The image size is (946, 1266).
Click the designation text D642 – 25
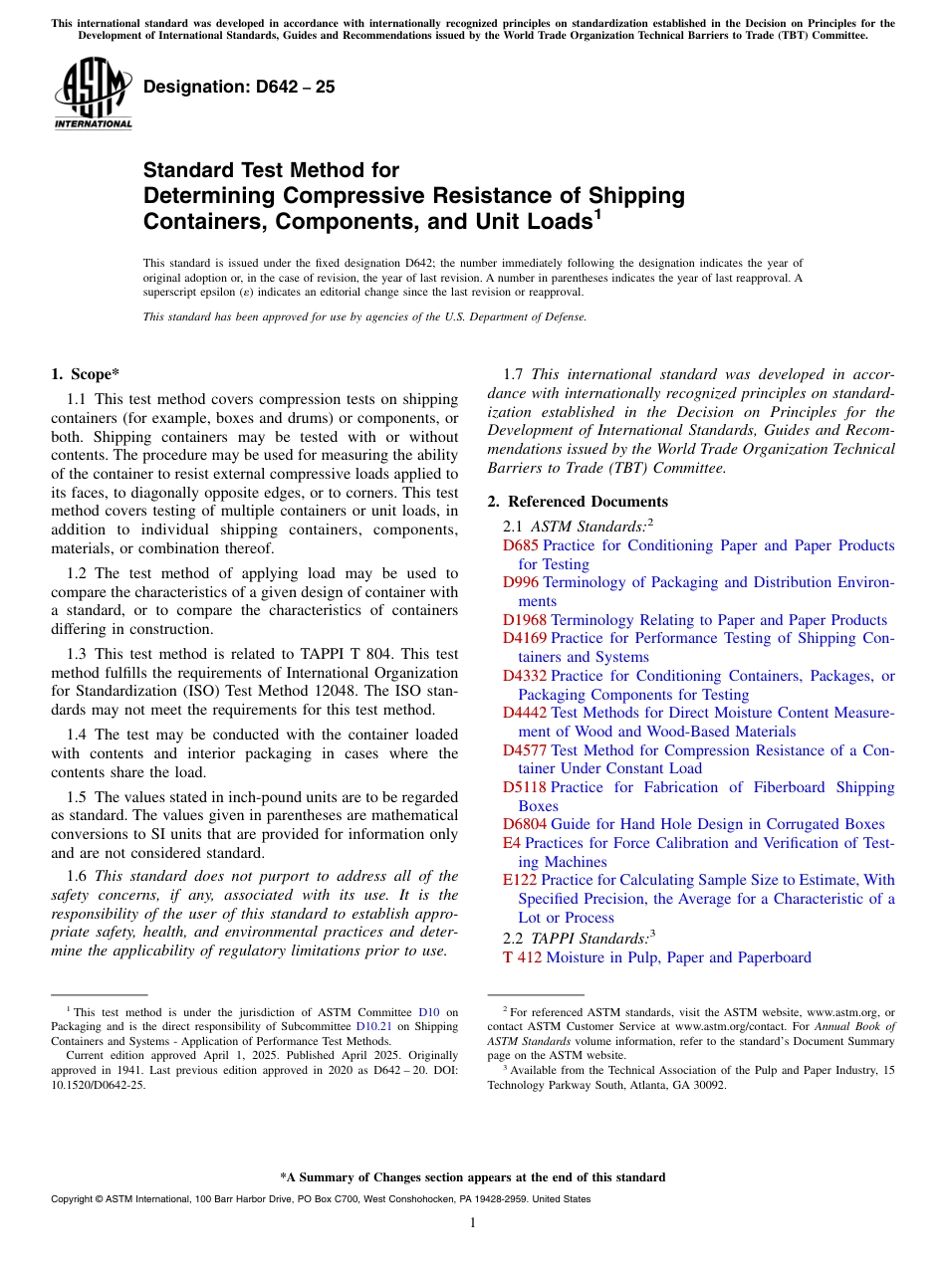click(x=239, y=88)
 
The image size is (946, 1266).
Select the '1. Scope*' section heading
click(x=85, y=374)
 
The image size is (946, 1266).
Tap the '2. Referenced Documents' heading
click(x=578, y=502)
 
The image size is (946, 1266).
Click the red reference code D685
click(x=520, y=545)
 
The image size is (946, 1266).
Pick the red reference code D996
click(x=520, y=582)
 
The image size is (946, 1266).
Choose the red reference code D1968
click(x=524, y=620)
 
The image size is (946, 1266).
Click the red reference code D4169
click(x=524, y=638)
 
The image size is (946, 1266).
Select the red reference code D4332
click(x=524, y=676)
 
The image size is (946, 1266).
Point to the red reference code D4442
click(x=524, y=713)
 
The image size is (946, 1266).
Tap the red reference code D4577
click(x=524, y=750)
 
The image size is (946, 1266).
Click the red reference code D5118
click(x=524, y=787)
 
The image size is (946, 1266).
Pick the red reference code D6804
click(x=524, y=824)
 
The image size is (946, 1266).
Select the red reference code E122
click(x=519, y=880)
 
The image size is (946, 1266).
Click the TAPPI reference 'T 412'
click(x=522, y=957)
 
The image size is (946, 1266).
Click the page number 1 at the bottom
click(x=473, y=1222)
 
